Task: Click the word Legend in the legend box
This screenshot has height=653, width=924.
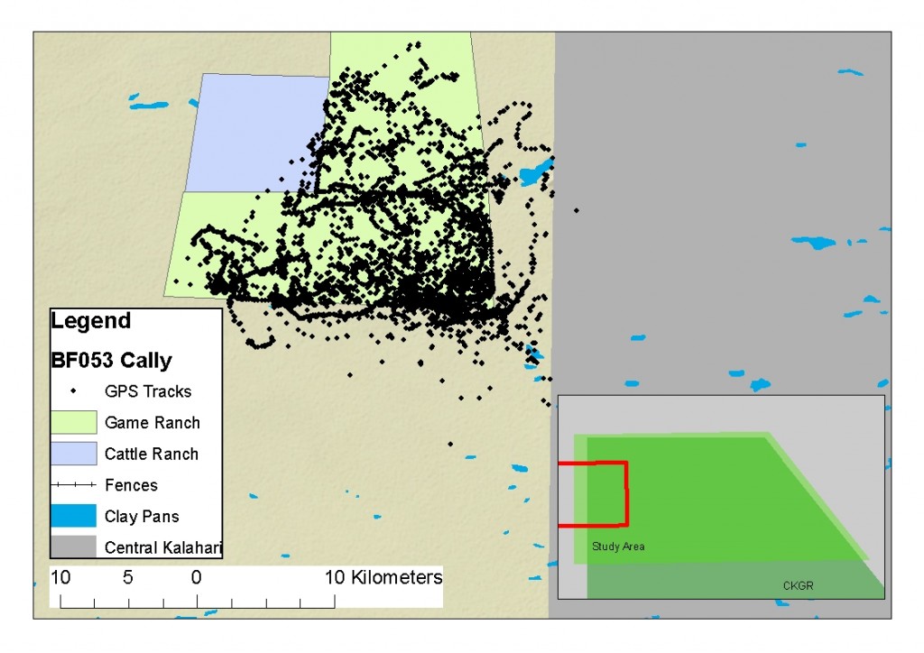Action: pyautogui.click(x=91, y=320)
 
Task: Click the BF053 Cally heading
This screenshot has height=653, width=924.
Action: pyautogui.click(x=111, y=361)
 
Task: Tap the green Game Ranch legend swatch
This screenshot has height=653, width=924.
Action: pyautogui.click(x=74, y=422)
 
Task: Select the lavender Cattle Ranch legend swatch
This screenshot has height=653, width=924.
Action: pyautogui.click(x=74, y=454)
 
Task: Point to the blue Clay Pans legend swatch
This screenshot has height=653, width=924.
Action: pyautogui.click(x=74, y=516)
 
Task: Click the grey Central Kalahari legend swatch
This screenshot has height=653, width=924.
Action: pyautogui.click(x=74, y=547)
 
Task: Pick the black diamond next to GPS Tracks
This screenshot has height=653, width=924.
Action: pyautogui.click(x=74, y=391)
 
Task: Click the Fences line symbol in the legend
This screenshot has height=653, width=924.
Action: pyautogui.click(x=74, y=485)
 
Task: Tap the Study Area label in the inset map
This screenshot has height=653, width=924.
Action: pyautogui.click(x=618, y=547)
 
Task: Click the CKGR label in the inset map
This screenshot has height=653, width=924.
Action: pyautogui.click(x=799, y=586)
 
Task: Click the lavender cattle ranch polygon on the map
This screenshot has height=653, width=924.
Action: pyautogui.click(x=257, y=131)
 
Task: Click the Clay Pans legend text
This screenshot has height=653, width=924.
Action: pyautogui.click(x=142, y=517)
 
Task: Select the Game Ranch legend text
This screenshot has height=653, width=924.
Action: pyautogui.click(x=152, y=422)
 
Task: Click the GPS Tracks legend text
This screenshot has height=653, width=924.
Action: pyautogui.click(x=148, y=391)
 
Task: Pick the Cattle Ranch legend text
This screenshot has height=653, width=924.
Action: pyautogui.click(x=152, y=454)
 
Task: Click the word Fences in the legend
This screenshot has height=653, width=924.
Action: pyautogui.click(x=131, y=485)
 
